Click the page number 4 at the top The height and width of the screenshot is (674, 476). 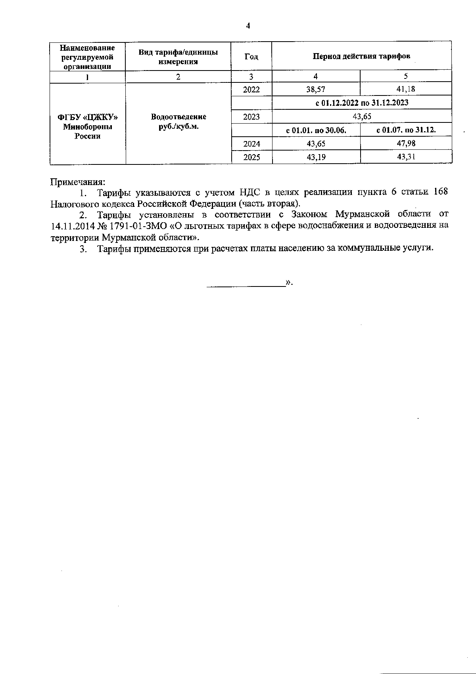[x=248, y=26]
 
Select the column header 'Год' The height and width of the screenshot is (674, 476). [x=251, y=57]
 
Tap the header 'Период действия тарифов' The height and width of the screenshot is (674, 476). [x=361, y=56]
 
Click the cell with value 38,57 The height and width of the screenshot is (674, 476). [x=316, y=89]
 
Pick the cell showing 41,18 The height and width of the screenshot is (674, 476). [x=406, y=89]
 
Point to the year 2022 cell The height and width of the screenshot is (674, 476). [x=251, y=90]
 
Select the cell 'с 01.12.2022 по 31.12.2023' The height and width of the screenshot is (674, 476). [x=362, y=103]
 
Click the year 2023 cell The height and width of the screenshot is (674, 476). [x=251, y=116]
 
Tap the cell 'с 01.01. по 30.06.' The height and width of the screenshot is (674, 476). [x=316, y=130]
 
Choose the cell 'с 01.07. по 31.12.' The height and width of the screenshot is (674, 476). [x=406, y=130]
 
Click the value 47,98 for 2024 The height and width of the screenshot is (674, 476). [x=406, y=143]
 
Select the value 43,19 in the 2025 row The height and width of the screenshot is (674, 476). [x=316, y=157]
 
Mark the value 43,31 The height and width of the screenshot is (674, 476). [x=406, y=157]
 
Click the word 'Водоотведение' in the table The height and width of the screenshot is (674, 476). [x=178, y=117]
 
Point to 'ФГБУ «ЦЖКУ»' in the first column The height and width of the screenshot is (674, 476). [x=88, y=117]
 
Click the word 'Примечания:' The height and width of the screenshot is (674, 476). [x=78, y=182]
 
